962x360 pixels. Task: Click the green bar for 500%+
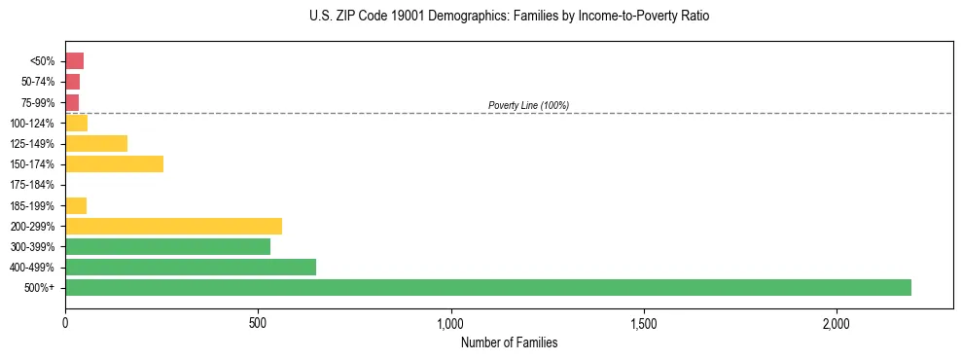tap(487, 287)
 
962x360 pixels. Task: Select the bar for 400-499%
tap(191, 267)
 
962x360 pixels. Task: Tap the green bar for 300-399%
tap(167, 246)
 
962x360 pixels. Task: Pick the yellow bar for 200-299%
tap(173, 226)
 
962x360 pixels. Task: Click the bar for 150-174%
tap(114, 163)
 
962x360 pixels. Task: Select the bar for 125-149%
tap(96, 143)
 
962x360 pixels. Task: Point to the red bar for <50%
tap(74, 61)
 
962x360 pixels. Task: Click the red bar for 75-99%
tap(72, 102)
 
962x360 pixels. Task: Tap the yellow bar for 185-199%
tap(76, 205)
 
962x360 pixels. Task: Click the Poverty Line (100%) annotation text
tap(528, 105)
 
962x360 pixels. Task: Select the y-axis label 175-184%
tap(33, 185)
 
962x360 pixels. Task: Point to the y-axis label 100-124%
tap(33, 124)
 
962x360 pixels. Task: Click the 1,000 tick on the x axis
tap(451, 322)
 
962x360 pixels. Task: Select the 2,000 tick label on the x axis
tap(837, 322)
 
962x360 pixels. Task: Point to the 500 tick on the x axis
tap(258, 322)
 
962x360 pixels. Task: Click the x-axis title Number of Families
tap(509, 342)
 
